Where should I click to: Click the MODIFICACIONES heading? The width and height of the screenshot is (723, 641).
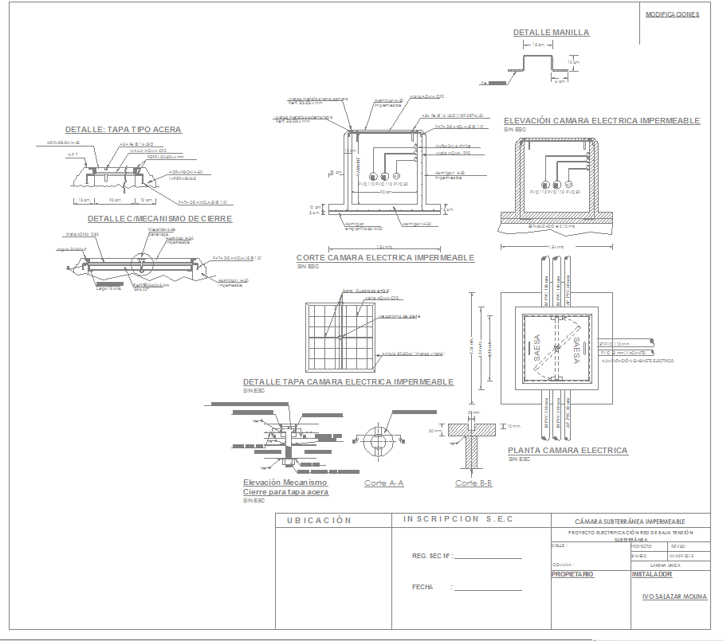point(672,14)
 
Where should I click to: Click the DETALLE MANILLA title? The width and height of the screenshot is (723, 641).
point(551,33)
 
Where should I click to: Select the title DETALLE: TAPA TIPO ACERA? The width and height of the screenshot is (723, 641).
point(124,130)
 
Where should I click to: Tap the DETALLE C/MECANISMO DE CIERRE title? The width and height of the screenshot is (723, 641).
point(159,218)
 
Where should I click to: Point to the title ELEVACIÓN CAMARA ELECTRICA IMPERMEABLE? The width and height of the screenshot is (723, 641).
point(602,121)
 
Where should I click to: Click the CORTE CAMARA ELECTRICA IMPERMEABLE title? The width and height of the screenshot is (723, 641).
point(385,258)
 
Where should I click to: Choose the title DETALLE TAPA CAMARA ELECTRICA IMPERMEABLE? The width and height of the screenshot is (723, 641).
point(348,382)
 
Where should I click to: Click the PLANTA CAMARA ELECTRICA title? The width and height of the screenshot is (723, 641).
point(568,451)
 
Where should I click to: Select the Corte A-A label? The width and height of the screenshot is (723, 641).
point(384,483)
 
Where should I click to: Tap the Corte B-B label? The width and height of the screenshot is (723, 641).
point(473,483)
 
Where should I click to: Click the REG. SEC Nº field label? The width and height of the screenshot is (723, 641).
point(431,557)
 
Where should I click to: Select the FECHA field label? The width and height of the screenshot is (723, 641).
point(422,587)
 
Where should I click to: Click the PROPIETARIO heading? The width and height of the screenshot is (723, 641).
point(572,574)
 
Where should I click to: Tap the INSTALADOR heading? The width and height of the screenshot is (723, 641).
point(652,574)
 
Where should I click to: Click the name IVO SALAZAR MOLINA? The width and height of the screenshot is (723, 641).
point(674,596)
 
